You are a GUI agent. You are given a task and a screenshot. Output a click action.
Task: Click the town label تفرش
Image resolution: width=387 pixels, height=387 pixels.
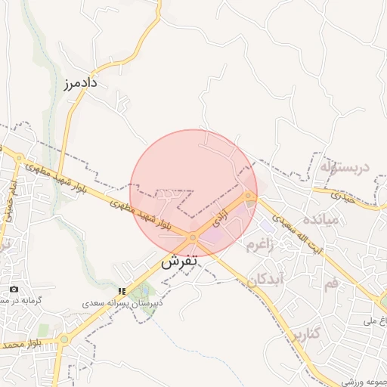(179, 262)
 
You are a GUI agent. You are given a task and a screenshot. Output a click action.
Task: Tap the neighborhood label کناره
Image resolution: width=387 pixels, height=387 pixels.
(305, 333)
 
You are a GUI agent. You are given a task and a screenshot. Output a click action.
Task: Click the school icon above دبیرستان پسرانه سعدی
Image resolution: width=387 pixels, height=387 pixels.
(122, 291)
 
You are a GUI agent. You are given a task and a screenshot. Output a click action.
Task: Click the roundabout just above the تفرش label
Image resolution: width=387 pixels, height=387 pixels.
(193, 237)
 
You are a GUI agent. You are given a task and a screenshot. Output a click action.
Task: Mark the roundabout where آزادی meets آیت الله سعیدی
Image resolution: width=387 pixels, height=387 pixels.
(249, 196)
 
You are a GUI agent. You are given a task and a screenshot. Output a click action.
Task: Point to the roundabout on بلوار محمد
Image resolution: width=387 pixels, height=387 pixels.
(63, 339)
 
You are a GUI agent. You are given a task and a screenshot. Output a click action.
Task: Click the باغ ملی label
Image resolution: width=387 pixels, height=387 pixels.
(377, 322)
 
